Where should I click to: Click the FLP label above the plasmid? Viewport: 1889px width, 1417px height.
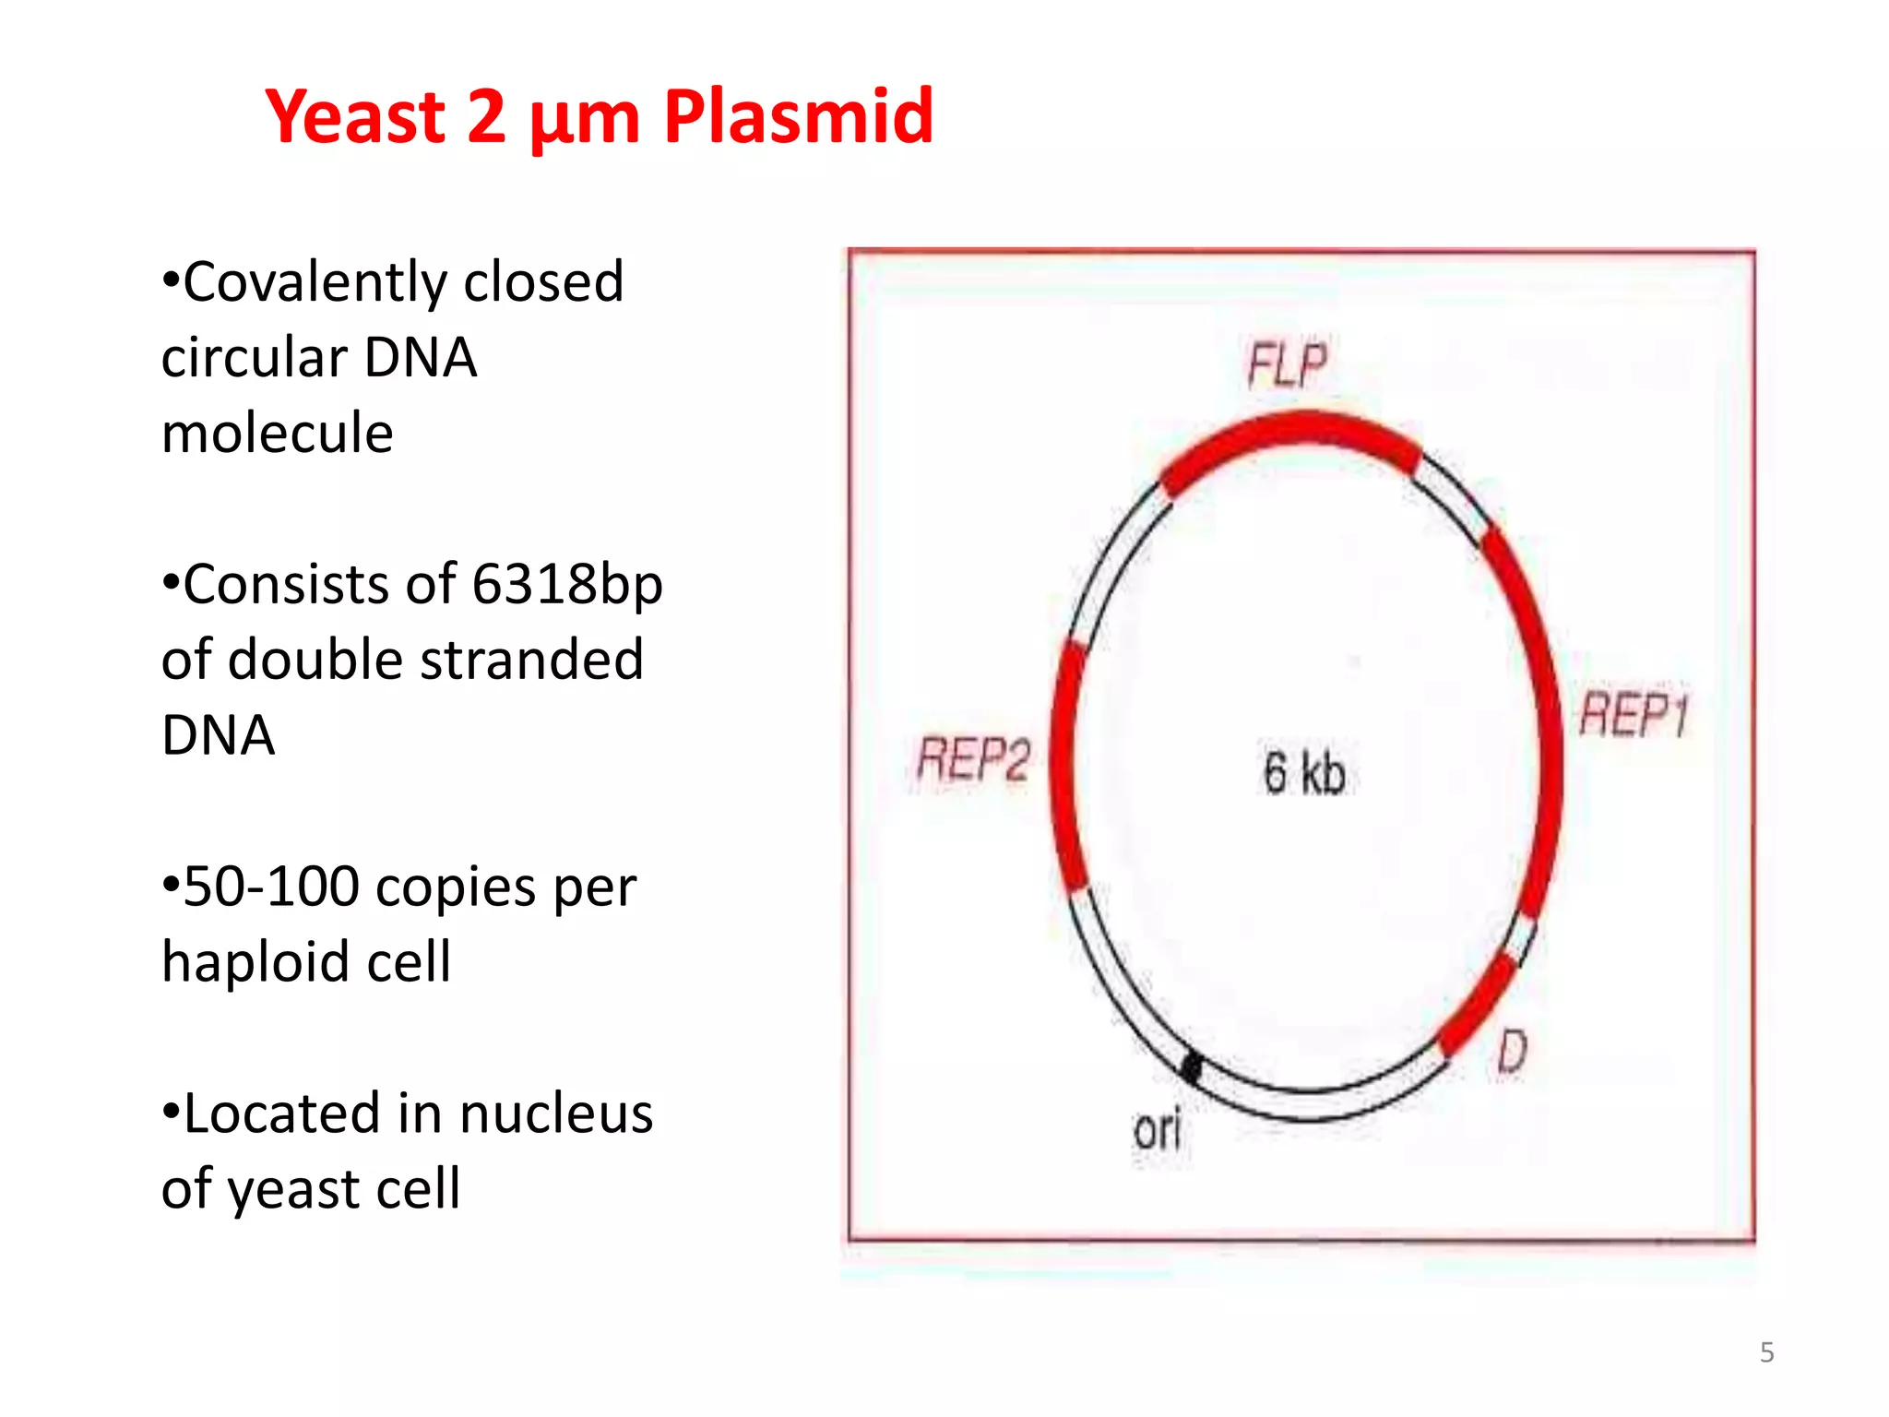[1288, 364]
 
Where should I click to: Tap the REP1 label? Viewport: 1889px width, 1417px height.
[1634, 715]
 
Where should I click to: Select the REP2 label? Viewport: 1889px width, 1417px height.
[973, 760]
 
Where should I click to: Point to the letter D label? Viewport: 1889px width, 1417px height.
[1512, 1052]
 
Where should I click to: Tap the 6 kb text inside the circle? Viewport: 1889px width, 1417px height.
[1304, 772]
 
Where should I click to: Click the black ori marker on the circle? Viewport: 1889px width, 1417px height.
[1191, 1068]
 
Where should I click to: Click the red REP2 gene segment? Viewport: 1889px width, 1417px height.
[1064, 766]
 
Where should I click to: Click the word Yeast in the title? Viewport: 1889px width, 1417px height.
[355, 117]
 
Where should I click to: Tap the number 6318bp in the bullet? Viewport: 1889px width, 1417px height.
[567, 585]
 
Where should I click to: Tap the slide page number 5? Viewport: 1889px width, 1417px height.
[1766, 1352]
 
